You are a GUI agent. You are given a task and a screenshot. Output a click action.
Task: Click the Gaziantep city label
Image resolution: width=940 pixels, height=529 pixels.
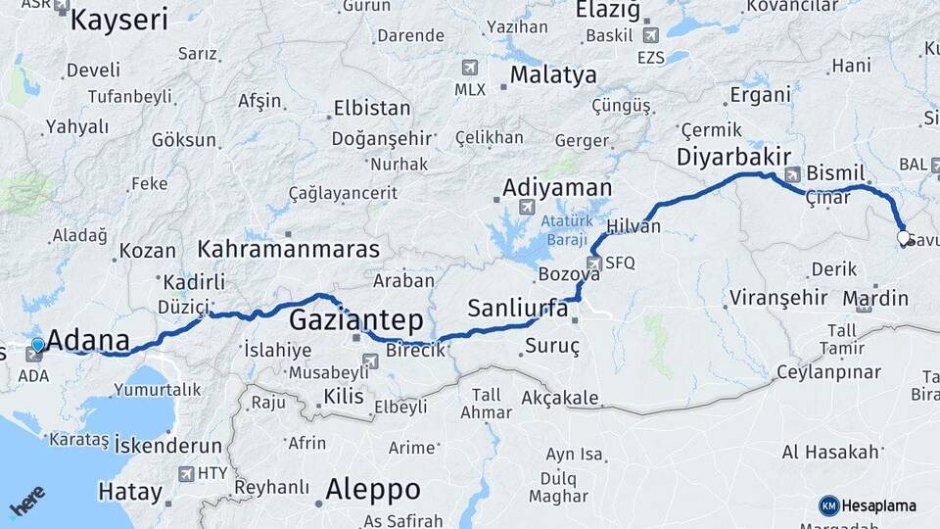356,319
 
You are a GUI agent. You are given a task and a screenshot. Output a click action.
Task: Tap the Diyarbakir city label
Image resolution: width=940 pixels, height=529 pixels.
733,157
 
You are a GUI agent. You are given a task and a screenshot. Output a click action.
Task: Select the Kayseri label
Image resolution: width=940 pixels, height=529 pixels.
120,19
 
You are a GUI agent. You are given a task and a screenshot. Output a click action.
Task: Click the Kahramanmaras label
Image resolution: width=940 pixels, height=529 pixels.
288,249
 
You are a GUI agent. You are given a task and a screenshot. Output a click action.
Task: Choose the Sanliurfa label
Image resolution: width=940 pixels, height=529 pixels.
518,308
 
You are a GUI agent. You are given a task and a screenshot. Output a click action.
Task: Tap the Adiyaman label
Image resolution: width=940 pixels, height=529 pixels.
557,187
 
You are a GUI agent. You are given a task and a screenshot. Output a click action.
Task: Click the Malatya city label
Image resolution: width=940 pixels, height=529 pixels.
552,75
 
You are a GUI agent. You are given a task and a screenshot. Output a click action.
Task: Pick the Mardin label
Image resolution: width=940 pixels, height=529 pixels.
875,298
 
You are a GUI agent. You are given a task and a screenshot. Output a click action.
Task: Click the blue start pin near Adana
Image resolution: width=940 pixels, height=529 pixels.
38,345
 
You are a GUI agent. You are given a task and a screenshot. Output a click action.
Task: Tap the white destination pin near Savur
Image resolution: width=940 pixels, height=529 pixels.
903,238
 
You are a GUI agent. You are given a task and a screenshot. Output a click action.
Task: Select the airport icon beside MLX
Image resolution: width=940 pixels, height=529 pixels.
470,68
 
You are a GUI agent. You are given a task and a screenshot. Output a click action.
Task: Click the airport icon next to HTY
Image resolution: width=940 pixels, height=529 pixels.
186,474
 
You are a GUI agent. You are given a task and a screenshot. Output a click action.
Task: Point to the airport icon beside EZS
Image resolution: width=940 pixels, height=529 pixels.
651,35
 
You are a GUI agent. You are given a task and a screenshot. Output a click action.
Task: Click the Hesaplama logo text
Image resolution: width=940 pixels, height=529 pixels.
877,505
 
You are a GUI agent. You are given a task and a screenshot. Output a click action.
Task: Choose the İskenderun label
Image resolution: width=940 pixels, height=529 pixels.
168,446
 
